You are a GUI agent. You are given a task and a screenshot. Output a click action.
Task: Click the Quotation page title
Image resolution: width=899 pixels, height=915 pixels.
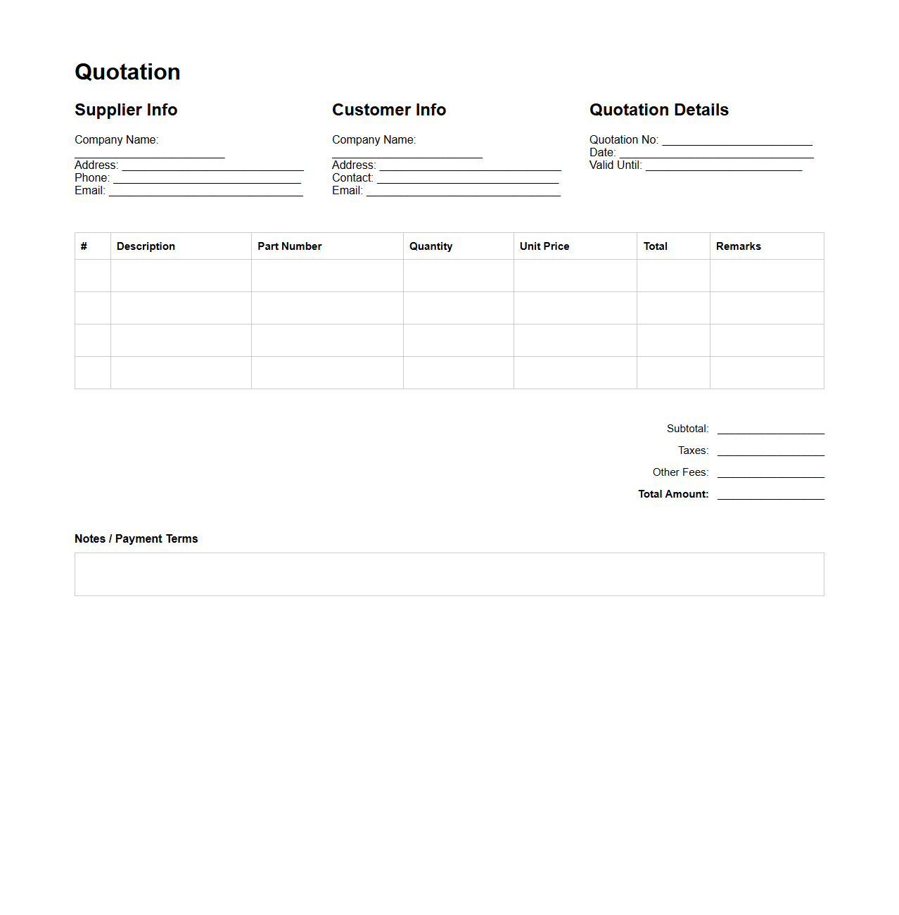(x=127, y=72)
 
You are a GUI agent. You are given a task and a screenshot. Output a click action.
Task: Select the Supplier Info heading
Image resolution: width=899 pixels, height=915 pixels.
(x=126, y=110)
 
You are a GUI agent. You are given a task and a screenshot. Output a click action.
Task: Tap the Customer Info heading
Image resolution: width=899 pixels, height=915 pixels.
(x=389, y=110)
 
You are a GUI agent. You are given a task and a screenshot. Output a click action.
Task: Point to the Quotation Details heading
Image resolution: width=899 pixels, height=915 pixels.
(x=659, y=110)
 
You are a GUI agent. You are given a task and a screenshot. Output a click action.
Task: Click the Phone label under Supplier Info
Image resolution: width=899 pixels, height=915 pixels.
(x=92, y=178)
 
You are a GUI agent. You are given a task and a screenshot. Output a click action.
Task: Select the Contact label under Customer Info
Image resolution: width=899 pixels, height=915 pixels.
(x=352, y=178)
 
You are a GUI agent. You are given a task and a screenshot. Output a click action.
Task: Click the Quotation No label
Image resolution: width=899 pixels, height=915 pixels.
(x=624, y=140)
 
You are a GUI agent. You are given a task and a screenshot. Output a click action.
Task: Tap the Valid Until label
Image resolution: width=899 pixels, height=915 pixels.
(x=616, y=165)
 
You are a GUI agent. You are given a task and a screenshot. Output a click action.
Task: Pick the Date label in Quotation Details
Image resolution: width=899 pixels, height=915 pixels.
(x=603, y=153)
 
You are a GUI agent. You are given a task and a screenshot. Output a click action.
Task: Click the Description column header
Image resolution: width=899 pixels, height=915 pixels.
(x=146, y=246)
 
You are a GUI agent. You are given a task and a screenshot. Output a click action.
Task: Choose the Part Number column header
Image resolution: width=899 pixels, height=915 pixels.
(x=290, y=246)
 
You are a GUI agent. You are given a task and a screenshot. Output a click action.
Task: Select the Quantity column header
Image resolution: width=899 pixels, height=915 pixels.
(x=431, y=246)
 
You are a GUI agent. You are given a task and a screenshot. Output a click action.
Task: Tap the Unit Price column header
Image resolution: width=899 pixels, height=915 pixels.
(x=544, y=246)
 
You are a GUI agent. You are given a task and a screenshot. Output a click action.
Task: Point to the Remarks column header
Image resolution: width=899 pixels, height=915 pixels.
(x=739, y=246)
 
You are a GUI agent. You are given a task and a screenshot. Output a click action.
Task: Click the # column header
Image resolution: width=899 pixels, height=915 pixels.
(x=84, y=246)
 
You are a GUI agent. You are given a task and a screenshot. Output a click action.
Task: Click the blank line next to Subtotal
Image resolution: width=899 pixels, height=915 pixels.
(x=770, y=429)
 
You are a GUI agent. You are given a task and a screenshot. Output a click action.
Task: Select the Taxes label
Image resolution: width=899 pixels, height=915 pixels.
(x=693, y=450)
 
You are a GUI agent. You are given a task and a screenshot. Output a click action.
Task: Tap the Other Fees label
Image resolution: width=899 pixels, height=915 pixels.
(x=680, y=472)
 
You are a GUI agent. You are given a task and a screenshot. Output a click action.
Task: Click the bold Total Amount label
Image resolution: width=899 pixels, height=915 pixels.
(x=673, y=494)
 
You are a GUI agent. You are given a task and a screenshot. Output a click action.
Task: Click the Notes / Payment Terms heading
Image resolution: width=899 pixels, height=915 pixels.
(x=136, y=539)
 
